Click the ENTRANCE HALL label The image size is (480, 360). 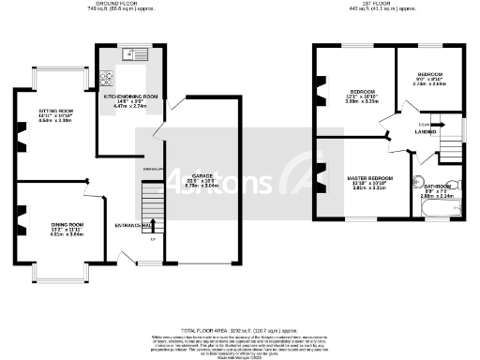(133, 226)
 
